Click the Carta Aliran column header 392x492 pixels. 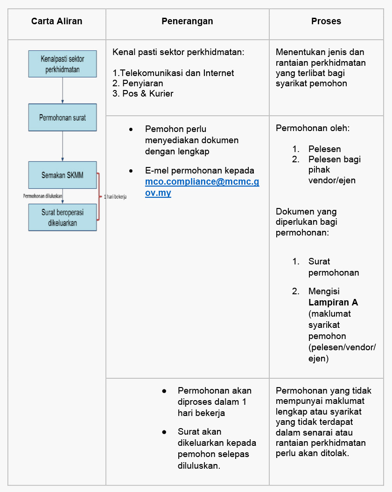[x=56, y=21]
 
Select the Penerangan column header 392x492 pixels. [x=187, y=21]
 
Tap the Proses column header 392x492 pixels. [x=326, y=21]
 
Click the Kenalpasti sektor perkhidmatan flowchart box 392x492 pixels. [x=63, y=64]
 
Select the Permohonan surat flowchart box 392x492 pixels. [x=63, y=117]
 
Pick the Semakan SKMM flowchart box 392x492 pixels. [x=63, y=175]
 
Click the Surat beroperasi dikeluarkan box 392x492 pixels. [x=63, y=217]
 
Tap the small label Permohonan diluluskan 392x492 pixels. [x=43, y=196]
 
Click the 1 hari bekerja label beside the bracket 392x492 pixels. [x=115, y=197]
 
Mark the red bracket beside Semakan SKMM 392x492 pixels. [x=99, y=196]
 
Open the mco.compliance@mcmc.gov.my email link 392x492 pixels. [x=202, y=187]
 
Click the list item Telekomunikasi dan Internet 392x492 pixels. [x=174, y=73]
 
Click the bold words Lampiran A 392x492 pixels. [x=333, y=302]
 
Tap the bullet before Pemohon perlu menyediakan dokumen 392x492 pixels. [x=131, y=129]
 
